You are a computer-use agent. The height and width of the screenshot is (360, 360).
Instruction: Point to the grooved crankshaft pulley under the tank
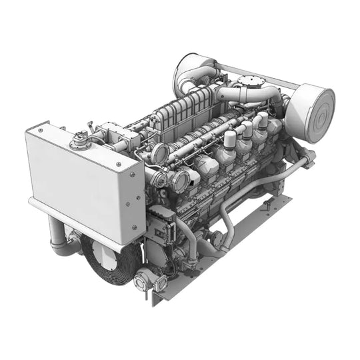[x=110, y=260]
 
